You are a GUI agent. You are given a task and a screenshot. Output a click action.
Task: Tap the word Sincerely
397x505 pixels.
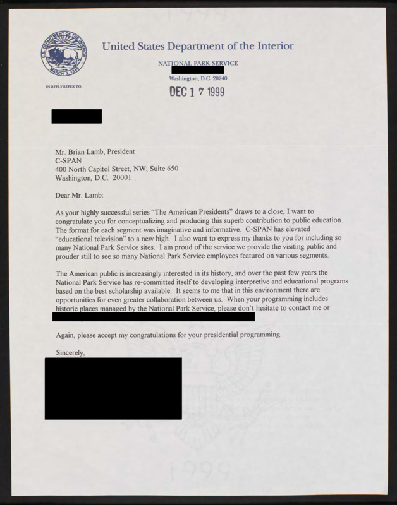coord(70,352)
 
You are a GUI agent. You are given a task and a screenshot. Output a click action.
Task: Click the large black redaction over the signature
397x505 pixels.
coord(113,388)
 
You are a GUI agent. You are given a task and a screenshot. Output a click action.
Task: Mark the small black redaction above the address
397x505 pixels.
coord(76,116)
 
